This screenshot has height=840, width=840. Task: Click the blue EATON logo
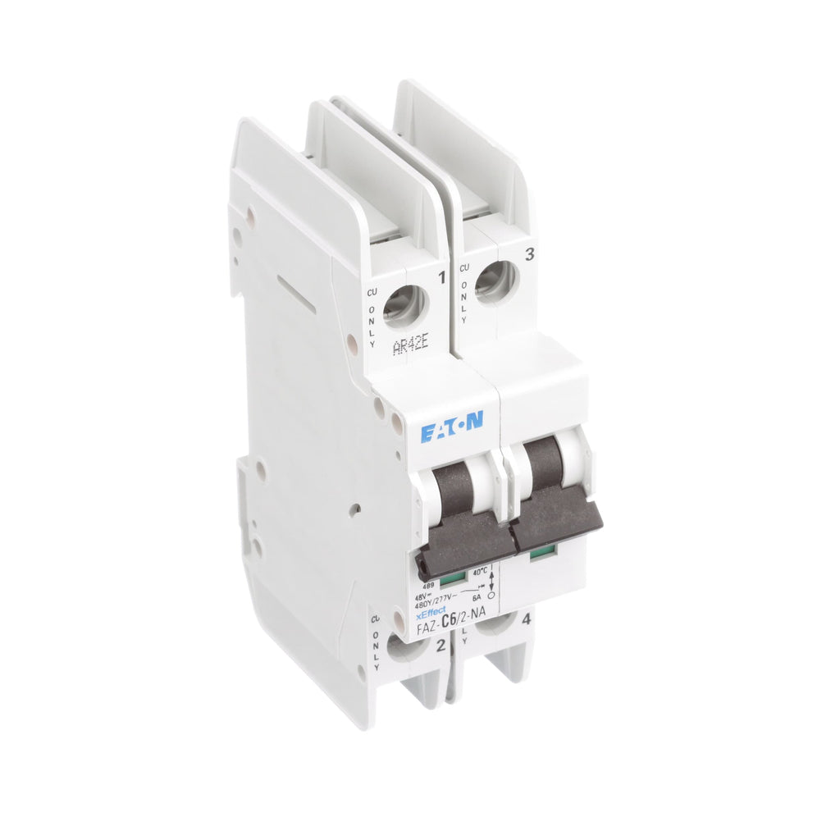point(452,428)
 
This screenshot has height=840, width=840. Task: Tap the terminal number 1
point(441,278)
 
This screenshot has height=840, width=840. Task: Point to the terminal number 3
point(529,255)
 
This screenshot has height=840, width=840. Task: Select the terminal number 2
point(441,646)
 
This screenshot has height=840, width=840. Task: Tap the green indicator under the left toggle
point(449,581)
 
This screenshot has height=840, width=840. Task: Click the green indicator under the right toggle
point(540,554)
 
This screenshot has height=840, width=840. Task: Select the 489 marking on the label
point(428,585)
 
